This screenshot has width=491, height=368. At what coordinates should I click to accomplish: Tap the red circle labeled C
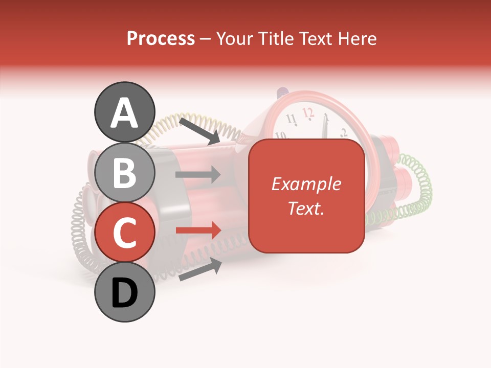(124, 233)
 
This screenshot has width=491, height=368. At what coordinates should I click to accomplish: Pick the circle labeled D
(124, 292)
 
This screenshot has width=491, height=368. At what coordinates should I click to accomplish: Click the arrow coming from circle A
(199, 130)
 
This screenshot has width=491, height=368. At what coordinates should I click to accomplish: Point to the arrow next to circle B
(198, 175)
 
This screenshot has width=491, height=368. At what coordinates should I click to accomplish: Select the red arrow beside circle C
(198, 231)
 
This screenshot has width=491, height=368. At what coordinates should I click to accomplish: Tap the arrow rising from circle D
(200, 269)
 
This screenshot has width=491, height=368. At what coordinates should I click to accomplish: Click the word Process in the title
(161, 38)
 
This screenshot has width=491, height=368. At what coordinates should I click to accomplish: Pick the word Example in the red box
(306, 184)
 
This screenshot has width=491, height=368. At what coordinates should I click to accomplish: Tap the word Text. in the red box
(306, 208)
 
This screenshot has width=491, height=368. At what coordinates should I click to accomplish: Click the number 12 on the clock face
(308, 112)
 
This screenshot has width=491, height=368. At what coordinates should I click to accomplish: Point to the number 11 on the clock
(291, 120)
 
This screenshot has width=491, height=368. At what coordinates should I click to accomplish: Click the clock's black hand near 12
(324, 128)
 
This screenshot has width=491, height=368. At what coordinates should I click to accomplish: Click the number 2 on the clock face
(343, 132)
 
